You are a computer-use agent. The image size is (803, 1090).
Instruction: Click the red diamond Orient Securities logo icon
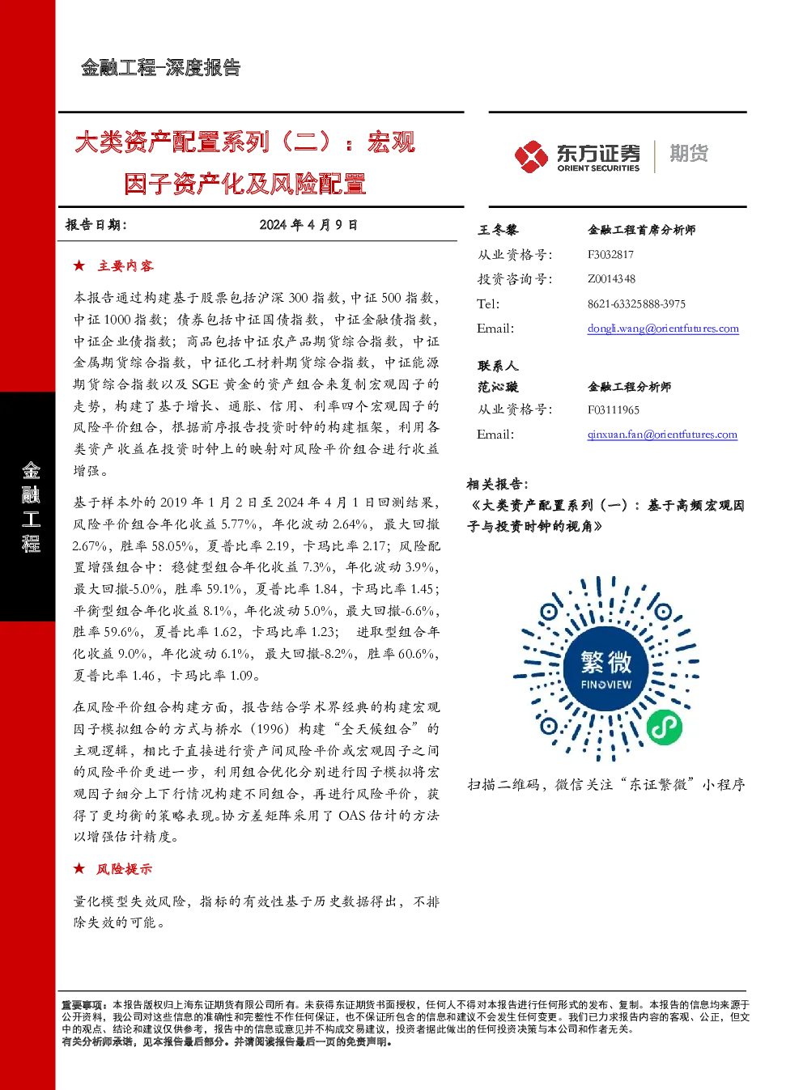point(531,156)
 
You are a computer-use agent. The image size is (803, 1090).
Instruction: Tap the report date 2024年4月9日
point(308,225)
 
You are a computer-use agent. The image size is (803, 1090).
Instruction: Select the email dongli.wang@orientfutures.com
point(663,329)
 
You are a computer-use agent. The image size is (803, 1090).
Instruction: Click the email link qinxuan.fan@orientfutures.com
point(662,434)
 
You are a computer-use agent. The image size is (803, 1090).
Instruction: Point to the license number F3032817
point(611,255)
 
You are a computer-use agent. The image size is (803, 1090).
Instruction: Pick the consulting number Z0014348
point(611,279)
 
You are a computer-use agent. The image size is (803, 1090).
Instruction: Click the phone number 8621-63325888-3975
point(636,304)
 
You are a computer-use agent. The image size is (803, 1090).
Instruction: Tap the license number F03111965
point(614,409)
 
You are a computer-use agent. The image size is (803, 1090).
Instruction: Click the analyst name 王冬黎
point(498,230)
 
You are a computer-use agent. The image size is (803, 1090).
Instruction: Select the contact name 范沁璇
point(498,387)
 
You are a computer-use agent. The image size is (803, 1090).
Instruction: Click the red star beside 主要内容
point(79,265)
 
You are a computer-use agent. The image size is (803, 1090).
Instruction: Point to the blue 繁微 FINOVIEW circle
point(606,668)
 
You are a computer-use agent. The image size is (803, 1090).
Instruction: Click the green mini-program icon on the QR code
point(664,727)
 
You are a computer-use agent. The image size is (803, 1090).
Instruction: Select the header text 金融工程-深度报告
point(160,68)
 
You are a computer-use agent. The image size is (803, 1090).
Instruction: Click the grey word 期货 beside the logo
point(689,153)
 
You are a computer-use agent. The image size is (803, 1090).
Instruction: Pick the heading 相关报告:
point(497,484)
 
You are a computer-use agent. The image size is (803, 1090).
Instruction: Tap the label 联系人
point(498,366)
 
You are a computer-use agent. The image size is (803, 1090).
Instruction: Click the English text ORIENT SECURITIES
point(598,168)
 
